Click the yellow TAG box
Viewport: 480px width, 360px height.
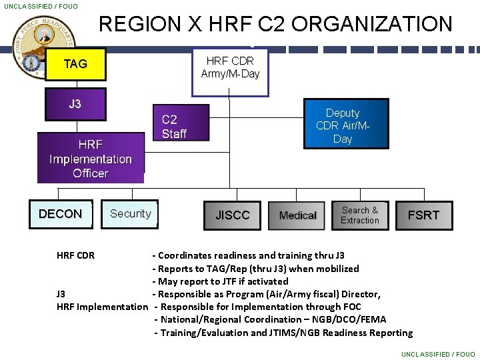pos(75,64)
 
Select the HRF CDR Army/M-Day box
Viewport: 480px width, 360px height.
pos(230,67)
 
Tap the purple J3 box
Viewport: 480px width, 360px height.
pos(75,104)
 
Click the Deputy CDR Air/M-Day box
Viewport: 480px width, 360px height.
pos(345,125)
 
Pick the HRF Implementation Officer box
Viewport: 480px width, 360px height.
pos(91,158)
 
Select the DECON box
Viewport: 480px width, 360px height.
pos(60,214)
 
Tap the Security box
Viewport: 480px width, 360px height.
pos(130,214)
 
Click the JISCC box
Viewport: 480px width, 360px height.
pos(232,215)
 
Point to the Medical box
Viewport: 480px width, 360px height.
pos(297,215)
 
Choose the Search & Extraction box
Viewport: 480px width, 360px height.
pos(359,215)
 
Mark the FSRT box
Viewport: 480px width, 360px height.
pos(423,215)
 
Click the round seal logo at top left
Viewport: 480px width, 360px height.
pos(43,49)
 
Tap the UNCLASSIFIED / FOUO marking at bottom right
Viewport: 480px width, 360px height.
pos(438,354)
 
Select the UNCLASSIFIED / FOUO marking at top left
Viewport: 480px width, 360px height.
pos(41,6)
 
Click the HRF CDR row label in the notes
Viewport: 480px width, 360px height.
pos(75,255)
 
